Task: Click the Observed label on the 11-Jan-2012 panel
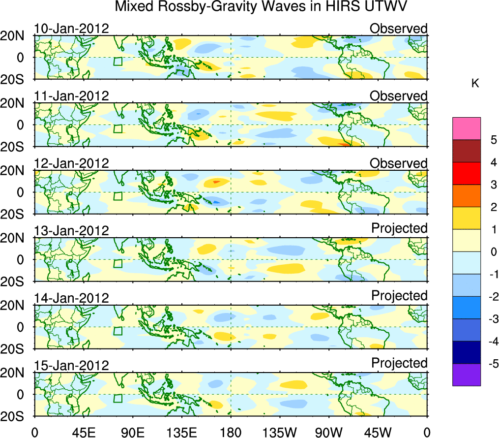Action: click(399, 96)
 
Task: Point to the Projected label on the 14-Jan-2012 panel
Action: click(399, 296)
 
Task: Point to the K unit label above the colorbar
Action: click(475, 84)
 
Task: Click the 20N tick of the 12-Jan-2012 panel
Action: click(17, 171)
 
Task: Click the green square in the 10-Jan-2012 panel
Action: click(117, 61)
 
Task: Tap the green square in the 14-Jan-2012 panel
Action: click(117, 331)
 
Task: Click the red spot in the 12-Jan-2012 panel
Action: click(215, 182)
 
